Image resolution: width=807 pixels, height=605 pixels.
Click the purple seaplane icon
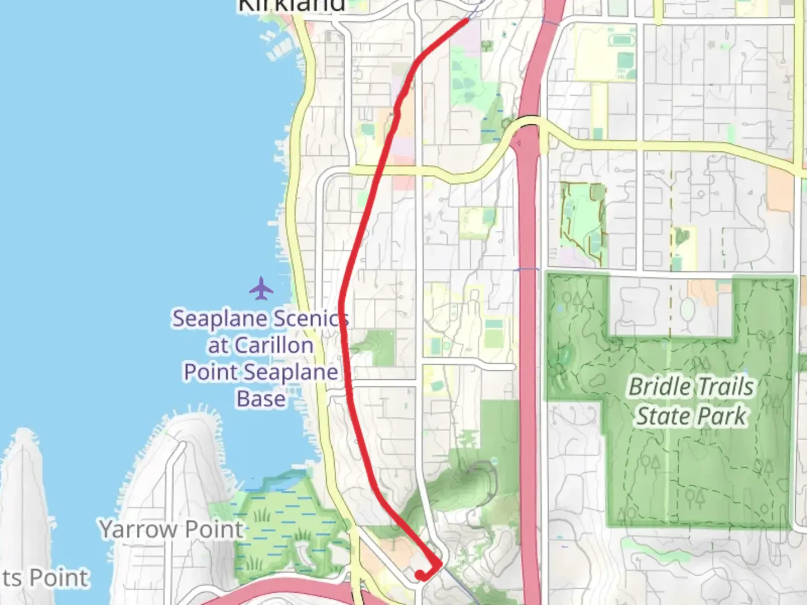[x=261, y=288]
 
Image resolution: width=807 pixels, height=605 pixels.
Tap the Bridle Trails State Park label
[x=692, y=402]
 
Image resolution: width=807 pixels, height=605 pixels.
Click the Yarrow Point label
[x=171, y=529]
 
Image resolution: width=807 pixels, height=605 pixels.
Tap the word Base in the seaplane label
[x=261, y=399]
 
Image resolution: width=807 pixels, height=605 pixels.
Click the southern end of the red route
[x=420, y=575]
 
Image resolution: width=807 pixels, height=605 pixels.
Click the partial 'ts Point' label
[x=45, y=578]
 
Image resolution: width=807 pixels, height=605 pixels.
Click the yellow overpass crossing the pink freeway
[x=527, y=125]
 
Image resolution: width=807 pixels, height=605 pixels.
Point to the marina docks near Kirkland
[x=280, y=45]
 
